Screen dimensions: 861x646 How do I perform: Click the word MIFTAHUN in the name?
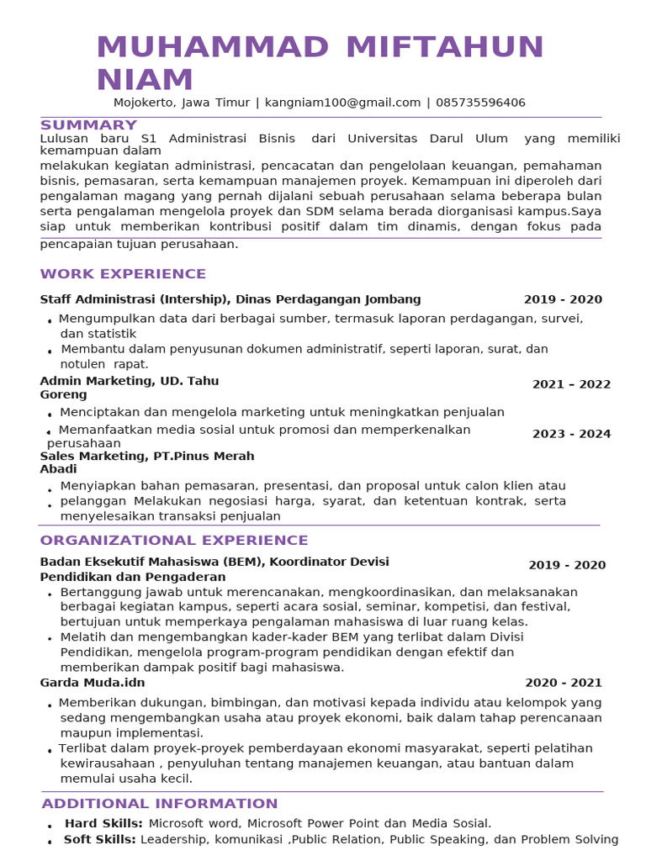click(x=445, y=47)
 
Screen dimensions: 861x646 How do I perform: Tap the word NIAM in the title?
click(x=145, y=80)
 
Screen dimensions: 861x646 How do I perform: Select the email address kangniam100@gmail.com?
click(x=342, y=103)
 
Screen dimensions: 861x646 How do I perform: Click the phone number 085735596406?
click(x=480, y=103)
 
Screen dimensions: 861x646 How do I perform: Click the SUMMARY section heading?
click(x=88, y=125)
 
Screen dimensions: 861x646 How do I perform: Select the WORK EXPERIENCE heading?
click(x=123, y=274)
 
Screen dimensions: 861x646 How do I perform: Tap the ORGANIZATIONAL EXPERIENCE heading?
click(x=174, y=541)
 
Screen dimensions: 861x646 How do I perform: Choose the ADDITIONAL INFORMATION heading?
click(x=160, y=804)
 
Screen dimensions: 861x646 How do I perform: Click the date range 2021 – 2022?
click(x=571, y=384)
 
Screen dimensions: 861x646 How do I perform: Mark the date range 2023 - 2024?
click(x=571, y=434)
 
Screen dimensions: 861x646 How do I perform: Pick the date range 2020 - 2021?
click(x=564, y=683)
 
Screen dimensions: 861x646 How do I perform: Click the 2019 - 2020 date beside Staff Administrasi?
click(x=563, y=299)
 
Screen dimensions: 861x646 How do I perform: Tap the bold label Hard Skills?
click(x=103, y=823)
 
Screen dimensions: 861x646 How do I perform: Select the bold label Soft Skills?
click(x=100, y=839)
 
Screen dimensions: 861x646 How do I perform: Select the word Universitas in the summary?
click(x=383, y=139)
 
